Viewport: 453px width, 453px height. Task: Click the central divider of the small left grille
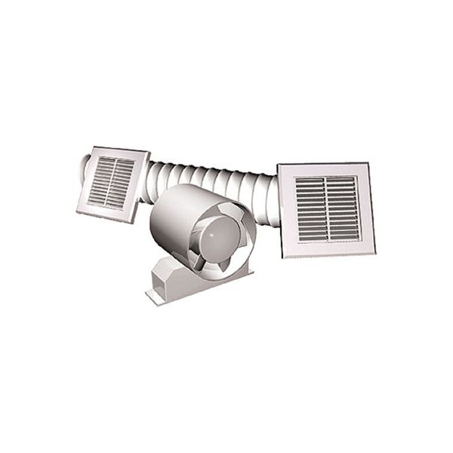112,182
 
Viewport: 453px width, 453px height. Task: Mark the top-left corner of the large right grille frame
279,166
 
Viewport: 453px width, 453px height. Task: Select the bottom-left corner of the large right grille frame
284,257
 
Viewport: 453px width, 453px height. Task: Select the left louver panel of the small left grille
101,180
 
